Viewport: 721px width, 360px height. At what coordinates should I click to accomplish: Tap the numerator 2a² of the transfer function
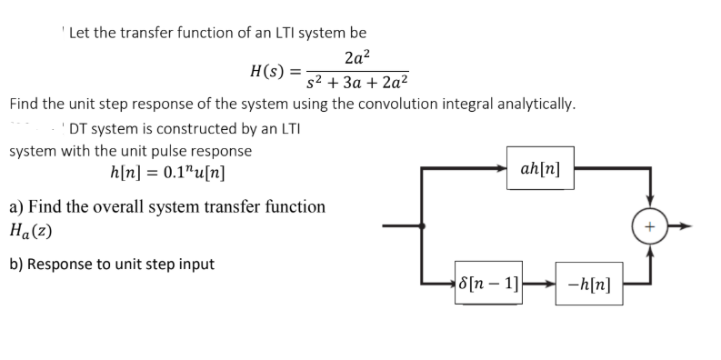click(x=357, y=56)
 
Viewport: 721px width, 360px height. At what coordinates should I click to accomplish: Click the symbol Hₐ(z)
click(x=30, y=231)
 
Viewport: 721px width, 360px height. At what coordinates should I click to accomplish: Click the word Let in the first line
click(x=80, y=32)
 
